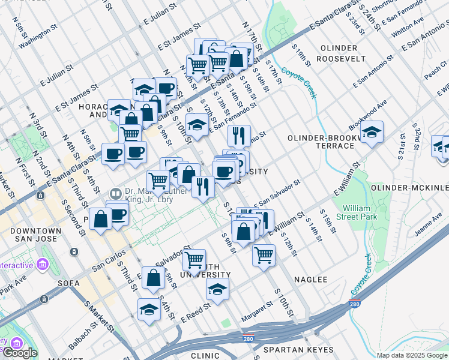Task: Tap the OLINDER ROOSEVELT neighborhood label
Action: tap(343, 53)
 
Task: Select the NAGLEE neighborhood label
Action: tap(311, 280)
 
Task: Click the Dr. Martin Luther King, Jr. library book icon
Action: tap(115, 193)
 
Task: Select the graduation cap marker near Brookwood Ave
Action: tap(372, 133)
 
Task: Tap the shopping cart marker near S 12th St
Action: tap(264, 254)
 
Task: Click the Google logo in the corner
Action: tap(20, 352)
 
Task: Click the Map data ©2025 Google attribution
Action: tap(412, 355)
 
